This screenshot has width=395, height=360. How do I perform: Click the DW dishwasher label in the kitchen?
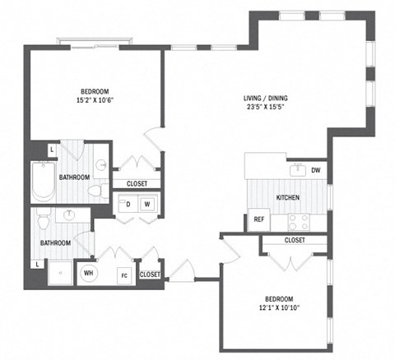pyautogui.click(x=315, y=171)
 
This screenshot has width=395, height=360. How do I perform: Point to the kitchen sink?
pyautogui.click(x=297, y=171)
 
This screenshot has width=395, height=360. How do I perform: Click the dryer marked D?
pyautogui.click(x=128, y=203)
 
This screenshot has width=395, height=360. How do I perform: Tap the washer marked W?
pyautogui.click(x=148, y=203)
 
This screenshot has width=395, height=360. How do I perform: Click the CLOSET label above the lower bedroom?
pyautogui.click(x=294, y=240)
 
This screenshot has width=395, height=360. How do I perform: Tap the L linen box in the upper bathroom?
pyautogui.click(x=52, y=150)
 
